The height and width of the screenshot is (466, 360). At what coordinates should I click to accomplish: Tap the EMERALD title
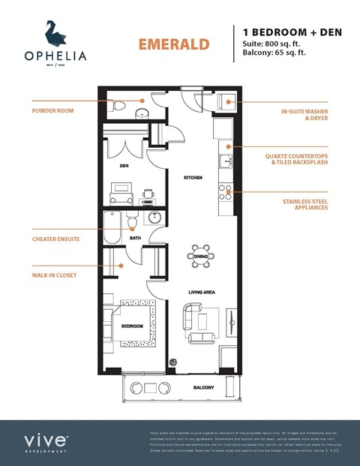click(x=173, y=44)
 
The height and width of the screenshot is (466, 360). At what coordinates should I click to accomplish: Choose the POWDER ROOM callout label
click(x=53, y=110)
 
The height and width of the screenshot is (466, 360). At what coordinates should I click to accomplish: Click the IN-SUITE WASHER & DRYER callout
click(x=304, y=115)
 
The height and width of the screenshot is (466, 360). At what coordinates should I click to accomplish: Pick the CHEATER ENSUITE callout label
click(x=55, y=239)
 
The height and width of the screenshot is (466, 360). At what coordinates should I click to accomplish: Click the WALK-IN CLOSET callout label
click(x=54, y=275)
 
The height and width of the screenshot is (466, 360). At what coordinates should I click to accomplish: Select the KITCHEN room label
click(x=194, y=178)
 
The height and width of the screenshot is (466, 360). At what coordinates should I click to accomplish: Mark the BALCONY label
click(x=203, y=388)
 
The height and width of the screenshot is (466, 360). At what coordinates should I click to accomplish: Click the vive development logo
click(x=47, y=441)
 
